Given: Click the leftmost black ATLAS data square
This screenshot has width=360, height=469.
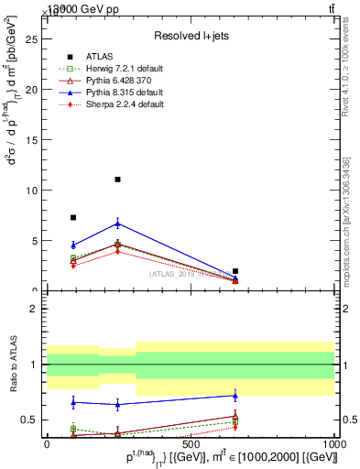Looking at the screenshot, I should tap(73, 218).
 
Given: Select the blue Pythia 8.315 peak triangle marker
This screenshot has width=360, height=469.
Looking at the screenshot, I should tap(117, 224).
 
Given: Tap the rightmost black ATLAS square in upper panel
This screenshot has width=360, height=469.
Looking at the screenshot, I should tap(235, 271).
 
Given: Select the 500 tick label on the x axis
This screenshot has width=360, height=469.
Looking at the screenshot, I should tap(191, 443).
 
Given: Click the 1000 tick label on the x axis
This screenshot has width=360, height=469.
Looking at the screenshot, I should tap(334, 443).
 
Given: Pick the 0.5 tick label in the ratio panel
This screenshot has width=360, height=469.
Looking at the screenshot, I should tap(28, 420).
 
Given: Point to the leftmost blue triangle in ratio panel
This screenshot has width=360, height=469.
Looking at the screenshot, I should tap(73, 401).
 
